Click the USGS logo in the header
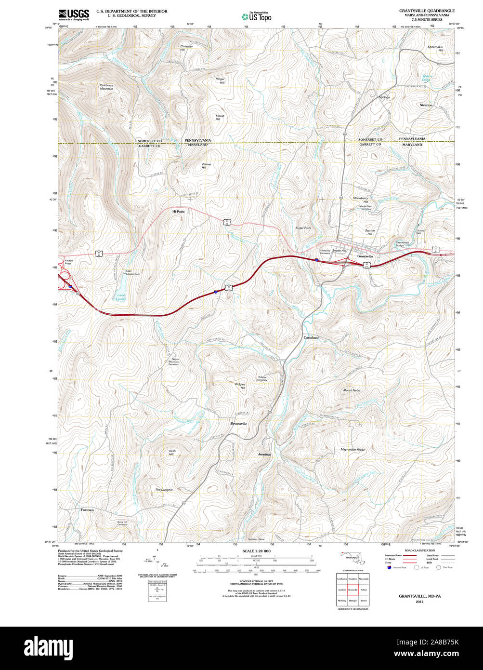tap(74, 15)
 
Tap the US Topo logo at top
tap(257, 16)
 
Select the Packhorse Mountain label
tap(106, 87)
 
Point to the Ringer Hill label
tap(220, 81)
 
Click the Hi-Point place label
tap(179, 211)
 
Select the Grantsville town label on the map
tap(365, 256)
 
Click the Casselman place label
tap(312, 338)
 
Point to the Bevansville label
tap(238, 423)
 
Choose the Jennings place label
tap(264, 455)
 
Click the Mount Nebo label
tap(352, 390)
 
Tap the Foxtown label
tap(87, 509)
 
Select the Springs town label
tap(384, 97)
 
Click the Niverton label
tap(426, 105)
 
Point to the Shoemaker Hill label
tap(435, 49)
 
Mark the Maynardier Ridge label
tap(352, 450)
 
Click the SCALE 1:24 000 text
tap(256, 551)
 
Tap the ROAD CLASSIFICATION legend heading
tap(419, 550)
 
